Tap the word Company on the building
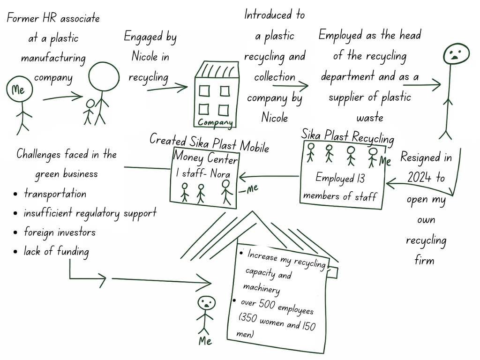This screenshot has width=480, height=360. [215, 123]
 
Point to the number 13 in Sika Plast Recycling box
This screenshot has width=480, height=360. [360, 179]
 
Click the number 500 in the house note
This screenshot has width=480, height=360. [267, 305]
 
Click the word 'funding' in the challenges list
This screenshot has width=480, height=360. [73, 252]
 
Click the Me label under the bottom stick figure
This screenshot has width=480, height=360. [205, 341]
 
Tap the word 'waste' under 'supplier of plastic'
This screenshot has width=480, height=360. [369, 117]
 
